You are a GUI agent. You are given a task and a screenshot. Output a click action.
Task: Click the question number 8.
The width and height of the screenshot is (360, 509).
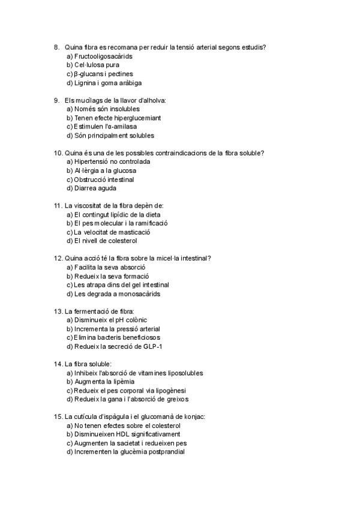tap(56, 47)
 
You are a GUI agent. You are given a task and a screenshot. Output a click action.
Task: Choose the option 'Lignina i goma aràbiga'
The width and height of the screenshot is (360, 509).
tap(108, 83)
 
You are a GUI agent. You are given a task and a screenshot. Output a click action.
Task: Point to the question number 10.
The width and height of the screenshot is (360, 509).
tap(58, 153)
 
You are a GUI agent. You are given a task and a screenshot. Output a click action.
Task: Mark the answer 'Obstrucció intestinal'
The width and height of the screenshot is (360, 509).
tap(104, 179)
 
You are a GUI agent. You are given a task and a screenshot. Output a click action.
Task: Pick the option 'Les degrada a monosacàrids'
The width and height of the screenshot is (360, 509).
tap(116, 294)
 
